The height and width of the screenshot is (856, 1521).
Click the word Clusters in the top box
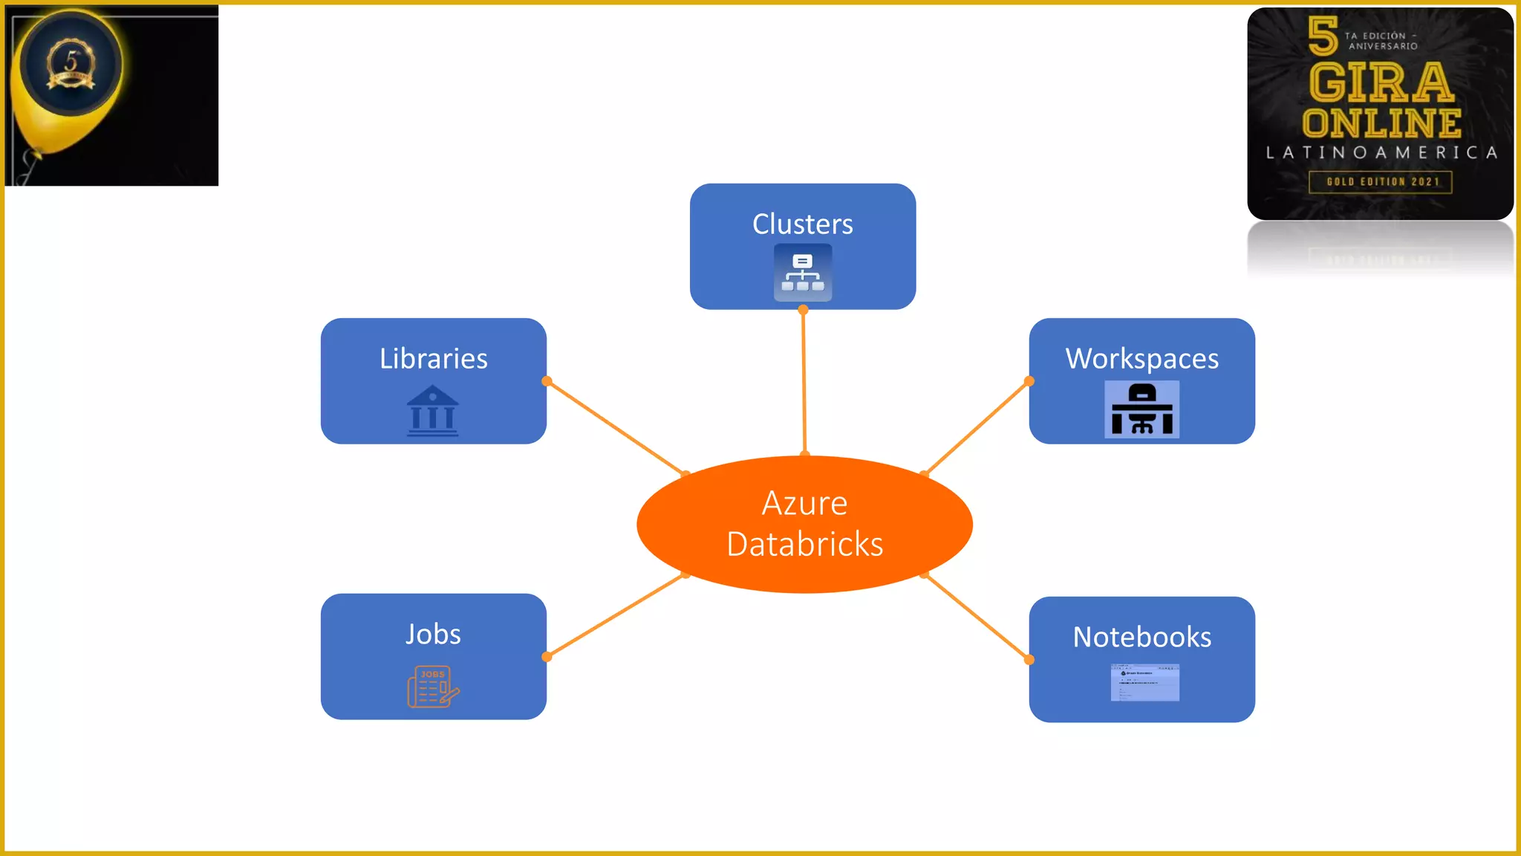[x=802, y=224]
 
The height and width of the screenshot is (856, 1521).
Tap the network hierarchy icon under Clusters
[x=802, y=273]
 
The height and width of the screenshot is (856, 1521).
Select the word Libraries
[x=433, y=358]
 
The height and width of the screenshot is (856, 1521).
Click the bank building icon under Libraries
[x=433, y=410]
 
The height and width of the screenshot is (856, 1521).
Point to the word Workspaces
[x=1141, y=358]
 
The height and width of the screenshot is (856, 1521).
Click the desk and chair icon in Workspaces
[x=1141, y=409]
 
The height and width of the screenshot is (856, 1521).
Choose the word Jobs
[x=433, y=634]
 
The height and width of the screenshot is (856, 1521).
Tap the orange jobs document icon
[x=433, y=686]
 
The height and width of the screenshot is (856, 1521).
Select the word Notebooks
[x=1141, y=637]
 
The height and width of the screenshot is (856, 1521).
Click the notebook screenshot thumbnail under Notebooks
[x=1144, y=682]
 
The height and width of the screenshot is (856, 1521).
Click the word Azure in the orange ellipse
[x=804, y=504]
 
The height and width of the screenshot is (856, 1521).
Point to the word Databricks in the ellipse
[x=804, y=544]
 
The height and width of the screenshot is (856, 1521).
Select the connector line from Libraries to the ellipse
[x=615, y=427]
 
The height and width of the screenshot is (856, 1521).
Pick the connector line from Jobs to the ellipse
[x=615, y=616]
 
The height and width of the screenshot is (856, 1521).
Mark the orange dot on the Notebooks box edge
[x=1029, y=660]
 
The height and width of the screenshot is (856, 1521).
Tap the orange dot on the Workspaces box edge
[x=1029, y=381]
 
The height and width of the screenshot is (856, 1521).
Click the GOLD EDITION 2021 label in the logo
[x=1381, y=181]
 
